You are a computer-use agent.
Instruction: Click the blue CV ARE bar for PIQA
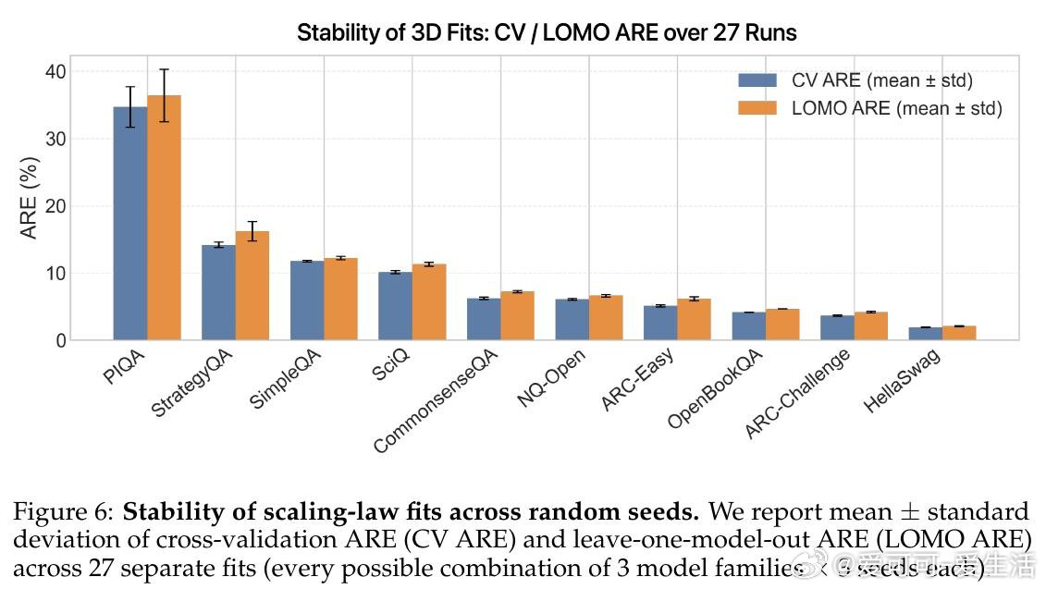click(130, 224)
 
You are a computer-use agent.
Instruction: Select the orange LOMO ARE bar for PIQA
click(164, 218)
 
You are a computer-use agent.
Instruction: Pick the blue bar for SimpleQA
click(307, 301)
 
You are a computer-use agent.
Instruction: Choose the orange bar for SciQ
click(429, 302)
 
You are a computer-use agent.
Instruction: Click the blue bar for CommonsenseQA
click(484, 319)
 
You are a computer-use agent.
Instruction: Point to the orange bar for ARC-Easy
click(694, 319)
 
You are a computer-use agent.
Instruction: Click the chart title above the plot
click(547, 33)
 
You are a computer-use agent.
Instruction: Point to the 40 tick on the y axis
click(55, 72)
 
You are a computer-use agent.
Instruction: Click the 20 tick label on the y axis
click(55, 206)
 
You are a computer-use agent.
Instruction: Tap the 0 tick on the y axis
click(60, 340)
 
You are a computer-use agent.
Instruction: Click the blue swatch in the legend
click(757, 80)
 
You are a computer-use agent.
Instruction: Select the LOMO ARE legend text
click(896, 108)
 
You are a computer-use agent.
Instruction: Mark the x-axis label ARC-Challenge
click(797, 395)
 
